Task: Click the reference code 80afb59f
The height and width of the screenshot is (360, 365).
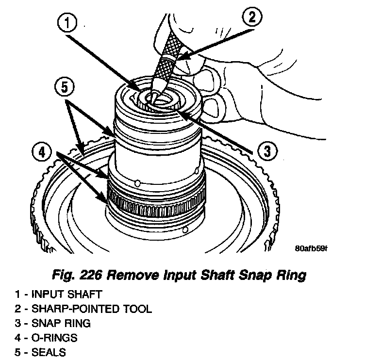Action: (311, 249)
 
